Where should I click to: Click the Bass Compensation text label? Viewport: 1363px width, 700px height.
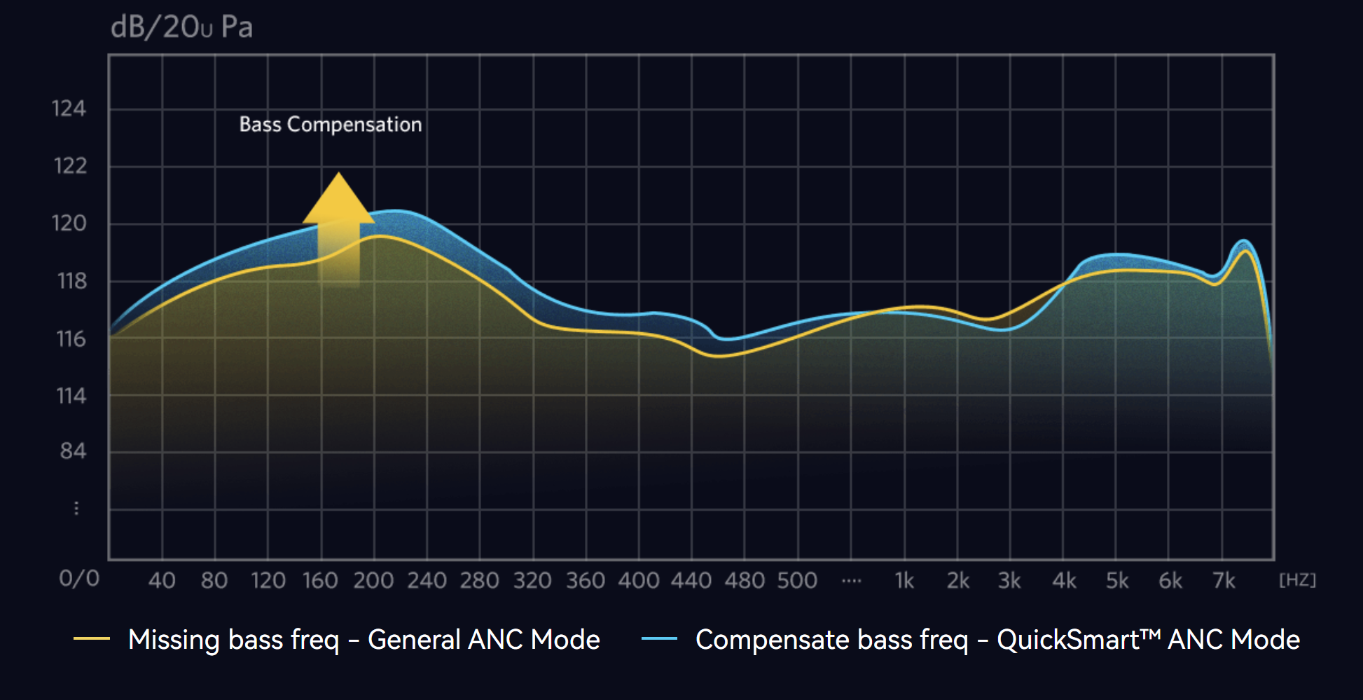[x=331, y=125]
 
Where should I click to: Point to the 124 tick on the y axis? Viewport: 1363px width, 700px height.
[x=69, y=109]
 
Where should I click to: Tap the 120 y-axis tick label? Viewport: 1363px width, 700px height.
[x=69, y=224]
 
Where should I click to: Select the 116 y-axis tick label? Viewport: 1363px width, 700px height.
[x=71, y=339]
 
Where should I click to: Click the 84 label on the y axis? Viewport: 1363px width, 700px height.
[x=73, y=451]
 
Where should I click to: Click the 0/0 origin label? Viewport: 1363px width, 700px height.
[x=79, y=579]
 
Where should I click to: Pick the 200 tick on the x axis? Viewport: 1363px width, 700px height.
[x=373, y=581]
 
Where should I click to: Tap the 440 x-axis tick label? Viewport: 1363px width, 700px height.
[x=691, y=581]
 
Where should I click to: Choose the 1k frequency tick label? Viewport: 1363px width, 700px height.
[x=904, y=581]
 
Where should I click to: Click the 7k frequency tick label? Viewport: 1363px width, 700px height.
[x=1224, y=581]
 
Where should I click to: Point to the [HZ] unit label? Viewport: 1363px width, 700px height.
[x=1297, y=580]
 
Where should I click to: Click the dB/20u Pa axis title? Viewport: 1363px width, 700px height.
[x=181, y=27]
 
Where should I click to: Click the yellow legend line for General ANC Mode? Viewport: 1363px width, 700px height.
[x=92, y=638]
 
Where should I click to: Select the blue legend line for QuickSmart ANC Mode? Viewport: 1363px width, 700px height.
[x=659, y=638]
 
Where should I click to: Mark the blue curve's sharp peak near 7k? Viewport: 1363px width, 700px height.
[x=1243, y=241]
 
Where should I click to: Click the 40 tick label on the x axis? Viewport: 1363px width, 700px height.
[x=162, y=581]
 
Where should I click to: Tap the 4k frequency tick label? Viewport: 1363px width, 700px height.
[x=1064, y=581]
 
